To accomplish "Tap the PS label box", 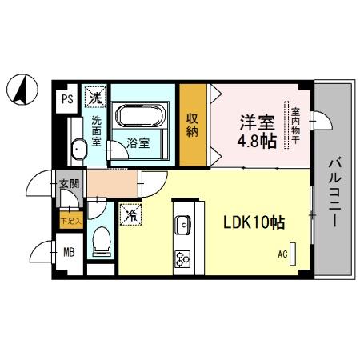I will point(67,99).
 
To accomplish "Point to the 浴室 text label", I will point(138,144).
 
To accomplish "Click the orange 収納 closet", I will point(194,123).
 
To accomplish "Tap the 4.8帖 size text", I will point(257,143).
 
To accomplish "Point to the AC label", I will point(282,255).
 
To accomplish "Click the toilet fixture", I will point(101,238).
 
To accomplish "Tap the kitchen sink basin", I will point(183,225).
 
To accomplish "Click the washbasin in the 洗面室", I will point(79,150).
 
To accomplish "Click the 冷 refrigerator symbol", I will point(129,214).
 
